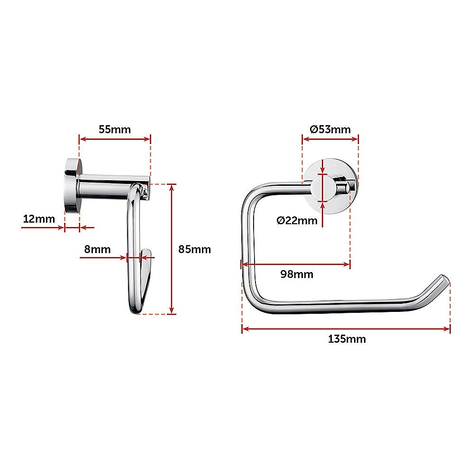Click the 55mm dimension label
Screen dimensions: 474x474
pyautogui.click(x=114, y=129)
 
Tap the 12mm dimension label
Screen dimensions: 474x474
pyautogui.click(x=39, y=219)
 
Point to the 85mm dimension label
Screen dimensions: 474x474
pyautogui.click(x=194, y=249)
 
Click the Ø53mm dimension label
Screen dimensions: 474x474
pyautogui.click(x=330, y=129)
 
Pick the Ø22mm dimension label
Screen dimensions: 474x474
pyautogui.click(x=297, y=220)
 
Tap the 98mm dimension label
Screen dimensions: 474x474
pyautogui.click(x=297, y=274)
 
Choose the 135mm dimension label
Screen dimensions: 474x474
pyautogui.click(x=346, y=339)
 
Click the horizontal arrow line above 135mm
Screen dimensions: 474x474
pyautogui.click(x=346, y=329)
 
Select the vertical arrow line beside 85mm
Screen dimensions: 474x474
pyautogui.click(x=172, y=249)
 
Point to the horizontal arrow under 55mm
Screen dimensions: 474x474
pyautogui.click(x=115, y=139)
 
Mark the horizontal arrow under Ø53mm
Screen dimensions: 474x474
pyautogui.click(x=330, y=139)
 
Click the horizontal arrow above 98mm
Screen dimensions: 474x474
pyautogui.click(x=296, y=265)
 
